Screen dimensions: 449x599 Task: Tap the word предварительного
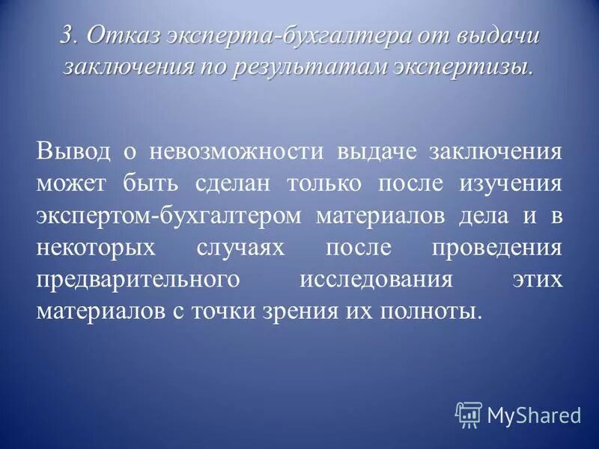pyautogui.click(x=138, y=279)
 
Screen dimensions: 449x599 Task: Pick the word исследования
pyautogui.click(x=375, y=279)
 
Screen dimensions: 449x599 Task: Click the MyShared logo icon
pyautogui.click(x=469, y=413)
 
